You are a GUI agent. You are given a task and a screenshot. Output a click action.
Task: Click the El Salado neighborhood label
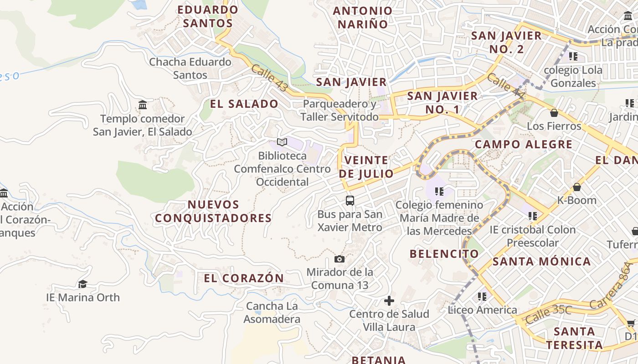click(244, 104)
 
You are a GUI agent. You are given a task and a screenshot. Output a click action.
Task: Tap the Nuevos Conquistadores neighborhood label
click(213, 212)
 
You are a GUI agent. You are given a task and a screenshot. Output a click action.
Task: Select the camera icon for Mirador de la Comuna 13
click(340, 259)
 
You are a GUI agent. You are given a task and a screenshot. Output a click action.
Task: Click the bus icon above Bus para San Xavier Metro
click(350, 200)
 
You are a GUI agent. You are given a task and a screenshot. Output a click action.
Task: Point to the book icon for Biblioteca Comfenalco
click(282, 142)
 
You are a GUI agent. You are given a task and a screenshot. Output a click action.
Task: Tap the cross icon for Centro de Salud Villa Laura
click(389, 301)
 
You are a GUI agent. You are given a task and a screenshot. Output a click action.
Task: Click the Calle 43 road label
click(269, 78)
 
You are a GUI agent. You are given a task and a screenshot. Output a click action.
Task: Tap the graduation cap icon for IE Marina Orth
click(82, 284)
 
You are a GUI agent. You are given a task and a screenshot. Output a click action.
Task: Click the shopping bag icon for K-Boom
click(577, 187)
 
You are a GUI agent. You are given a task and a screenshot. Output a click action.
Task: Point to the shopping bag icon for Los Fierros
click(554, 113)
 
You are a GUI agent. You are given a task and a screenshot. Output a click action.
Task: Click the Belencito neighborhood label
click(444, 254)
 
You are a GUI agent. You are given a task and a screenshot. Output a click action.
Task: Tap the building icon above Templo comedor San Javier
click(143, 106)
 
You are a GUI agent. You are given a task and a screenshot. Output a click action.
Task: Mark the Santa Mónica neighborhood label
click(542, 262)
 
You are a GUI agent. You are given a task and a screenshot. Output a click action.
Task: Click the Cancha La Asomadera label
click(272, 313)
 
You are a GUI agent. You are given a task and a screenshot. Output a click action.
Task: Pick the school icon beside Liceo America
click(482, 297)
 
